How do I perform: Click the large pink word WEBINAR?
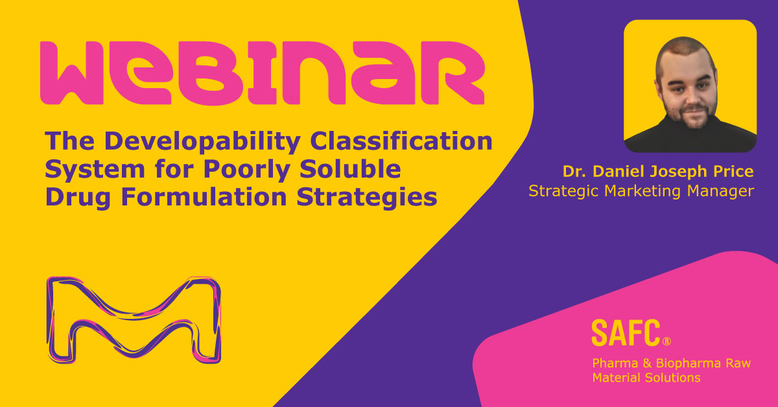pyautogui.click(x=262, y=73)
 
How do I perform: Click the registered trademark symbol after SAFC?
pyautogui.click(x=666, y=341)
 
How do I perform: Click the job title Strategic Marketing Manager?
pyautogui.click(x=642, y=191)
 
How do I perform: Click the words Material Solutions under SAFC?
pyautogui.click(x=646, y=377)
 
